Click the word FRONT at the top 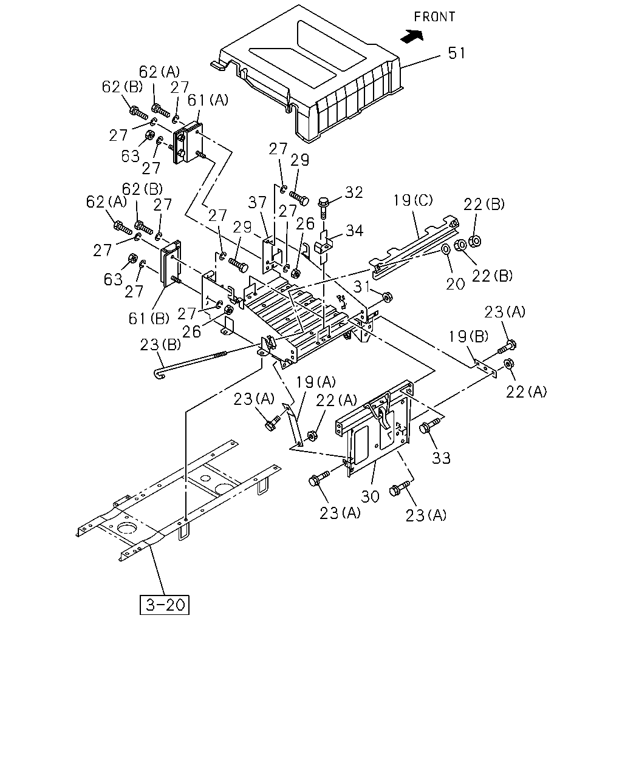click(434, 16)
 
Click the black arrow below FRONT click(412, 36)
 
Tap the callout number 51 click(456, 53)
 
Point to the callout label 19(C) click(412, 200)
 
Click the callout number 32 click(354, 192)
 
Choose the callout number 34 click(354, 230)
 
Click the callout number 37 click(257, 203)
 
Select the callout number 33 click(441, 458)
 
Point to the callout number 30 click(370, 497)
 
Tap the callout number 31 click(362, 287)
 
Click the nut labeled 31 click(388, 297)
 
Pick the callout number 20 click(455, 284)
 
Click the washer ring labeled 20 click(446, 249)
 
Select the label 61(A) click(208, 100)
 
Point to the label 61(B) click(149, 319)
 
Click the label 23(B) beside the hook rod click(160, 345)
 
